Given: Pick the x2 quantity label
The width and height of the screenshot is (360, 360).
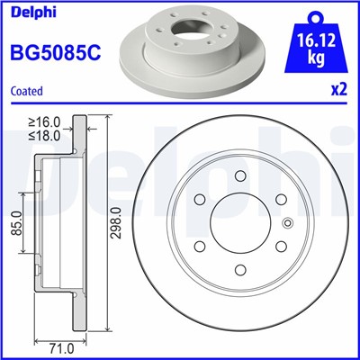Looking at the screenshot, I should pyautogui.click(x=338, y=91).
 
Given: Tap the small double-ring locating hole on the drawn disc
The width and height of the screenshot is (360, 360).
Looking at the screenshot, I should pyautogui.click(x=287, y=225).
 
